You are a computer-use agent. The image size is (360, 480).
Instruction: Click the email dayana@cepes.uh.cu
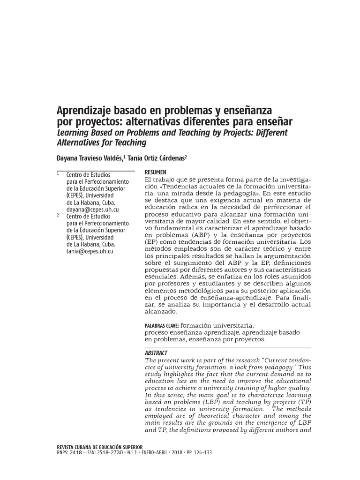[x=92, y=210]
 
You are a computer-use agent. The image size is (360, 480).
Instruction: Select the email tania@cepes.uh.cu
[x=90, y=251]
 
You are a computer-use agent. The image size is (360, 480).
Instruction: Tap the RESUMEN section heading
[x=156, y=172]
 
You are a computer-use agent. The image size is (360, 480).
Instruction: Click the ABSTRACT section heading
[x=156, y=352]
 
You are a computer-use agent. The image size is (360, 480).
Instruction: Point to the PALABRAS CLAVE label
[x=162, y=324]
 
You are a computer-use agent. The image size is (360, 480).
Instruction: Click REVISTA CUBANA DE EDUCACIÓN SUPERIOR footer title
[x=99, y=447]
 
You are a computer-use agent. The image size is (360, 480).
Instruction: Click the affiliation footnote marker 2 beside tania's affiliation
[x=58, y=215]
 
